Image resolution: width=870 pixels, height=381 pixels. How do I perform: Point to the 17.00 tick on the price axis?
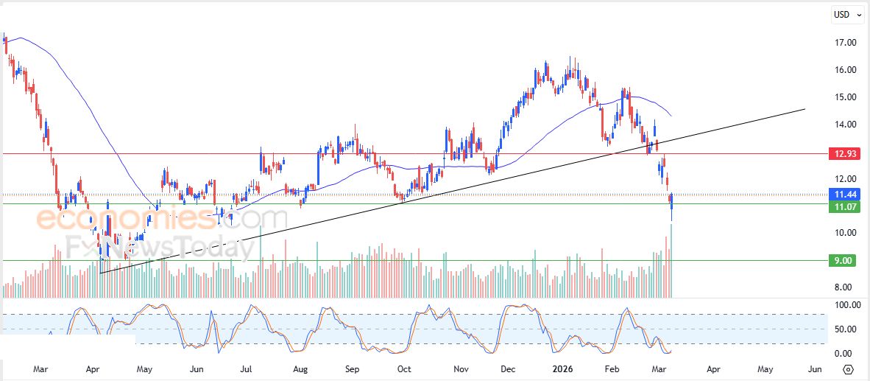(845, 43)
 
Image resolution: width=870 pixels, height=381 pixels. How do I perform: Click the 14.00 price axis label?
(845, 125)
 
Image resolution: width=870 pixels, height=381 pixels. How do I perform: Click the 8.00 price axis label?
(845, 287)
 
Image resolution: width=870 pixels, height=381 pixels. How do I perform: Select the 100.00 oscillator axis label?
(845, 305)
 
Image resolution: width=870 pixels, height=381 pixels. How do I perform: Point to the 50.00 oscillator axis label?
(845, 329)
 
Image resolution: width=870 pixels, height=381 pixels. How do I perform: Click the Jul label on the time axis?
(247, 368)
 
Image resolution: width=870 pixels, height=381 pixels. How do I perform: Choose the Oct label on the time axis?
(404, 368)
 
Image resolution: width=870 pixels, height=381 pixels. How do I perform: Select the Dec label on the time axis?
(509, 368)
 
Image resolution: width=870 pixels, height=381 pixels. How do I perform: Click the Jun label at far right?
(815, 368)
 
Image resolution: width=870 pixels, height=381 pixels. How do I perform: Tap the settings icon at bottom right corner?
(848, 369)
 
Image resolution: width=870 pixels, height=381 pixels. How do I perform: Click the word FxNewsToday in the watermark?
(159, 246)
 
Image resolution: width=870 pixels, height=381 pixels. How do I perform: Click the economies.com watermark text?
(162, 219)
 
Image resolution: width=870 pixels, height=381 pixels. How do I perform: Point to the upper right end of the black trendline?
(804, 109)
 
